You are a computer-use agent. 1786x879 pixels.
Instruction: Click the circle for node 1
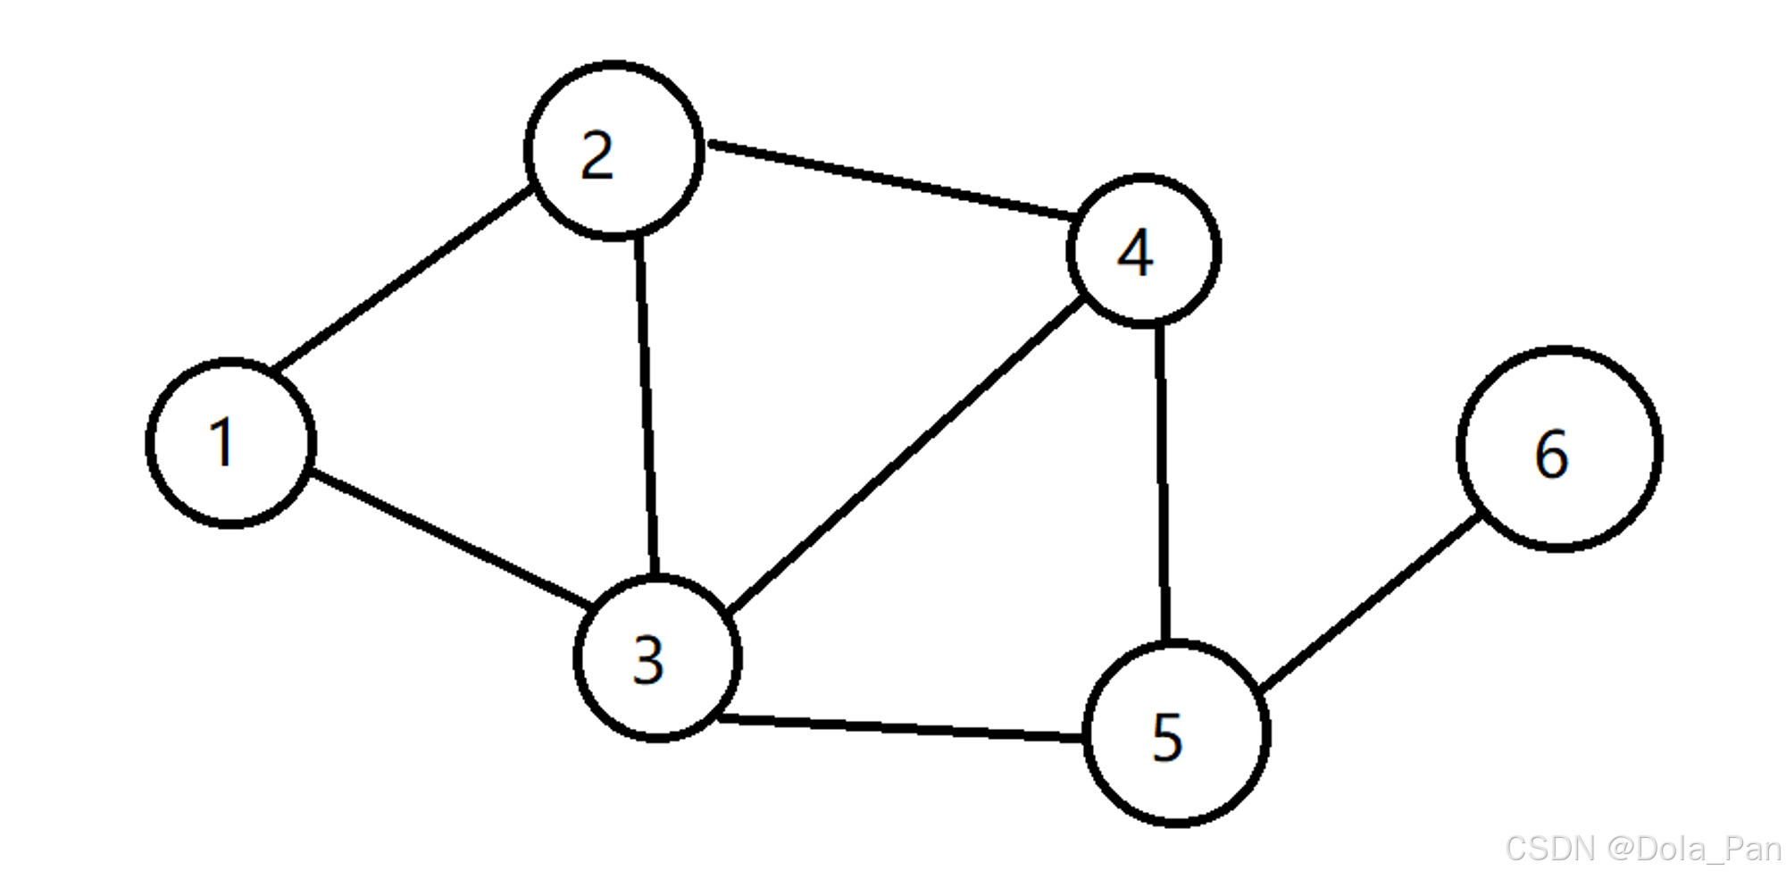coord(230,443)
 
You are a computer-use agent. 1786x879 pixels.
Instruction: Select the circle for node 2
coord(613,150)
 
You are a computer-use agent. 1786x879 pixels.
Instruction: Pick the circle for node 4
coord(1144,251)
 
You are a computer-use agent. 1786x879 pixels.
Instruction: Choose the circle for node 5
coord(1176,733)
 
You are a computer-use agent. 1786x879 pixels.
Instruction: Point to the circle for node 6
coord(1559,448)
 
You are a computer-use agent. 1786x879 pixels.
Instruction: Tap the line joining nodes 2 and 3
coord(647,406)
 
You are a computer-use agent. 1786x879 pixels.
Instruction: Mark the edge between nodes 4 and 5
coord(1162,482)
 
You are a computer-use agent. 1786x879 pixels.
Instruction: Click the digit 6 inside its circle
coord(1552,454)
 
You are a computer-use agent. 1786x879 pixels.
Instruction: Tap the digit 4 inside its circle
coord(1135,254)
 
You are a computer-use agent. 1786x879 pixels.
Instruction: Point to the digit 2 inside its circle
coord(597,156)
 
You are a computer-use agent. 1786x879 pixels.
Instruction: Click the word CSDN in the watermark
coord(1549,849)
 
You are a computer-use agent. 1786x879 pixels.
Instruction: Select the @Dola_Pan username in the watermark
coord(1694,849)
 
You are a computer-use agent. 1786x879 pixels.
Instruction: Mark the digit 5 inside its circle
coord(1167,738)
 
